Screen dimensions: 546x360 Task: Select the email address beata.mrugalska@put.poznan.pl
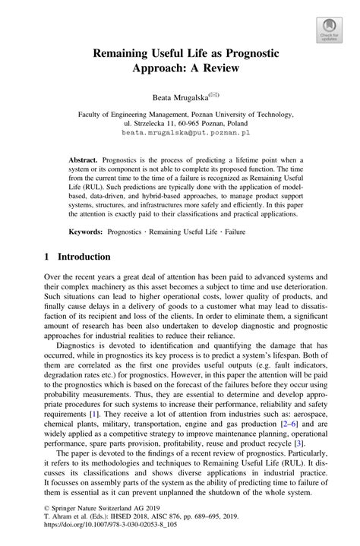[x=180, y=131]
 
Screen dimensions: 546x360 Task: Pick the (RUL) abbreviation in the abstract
[x=93, y=183]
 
